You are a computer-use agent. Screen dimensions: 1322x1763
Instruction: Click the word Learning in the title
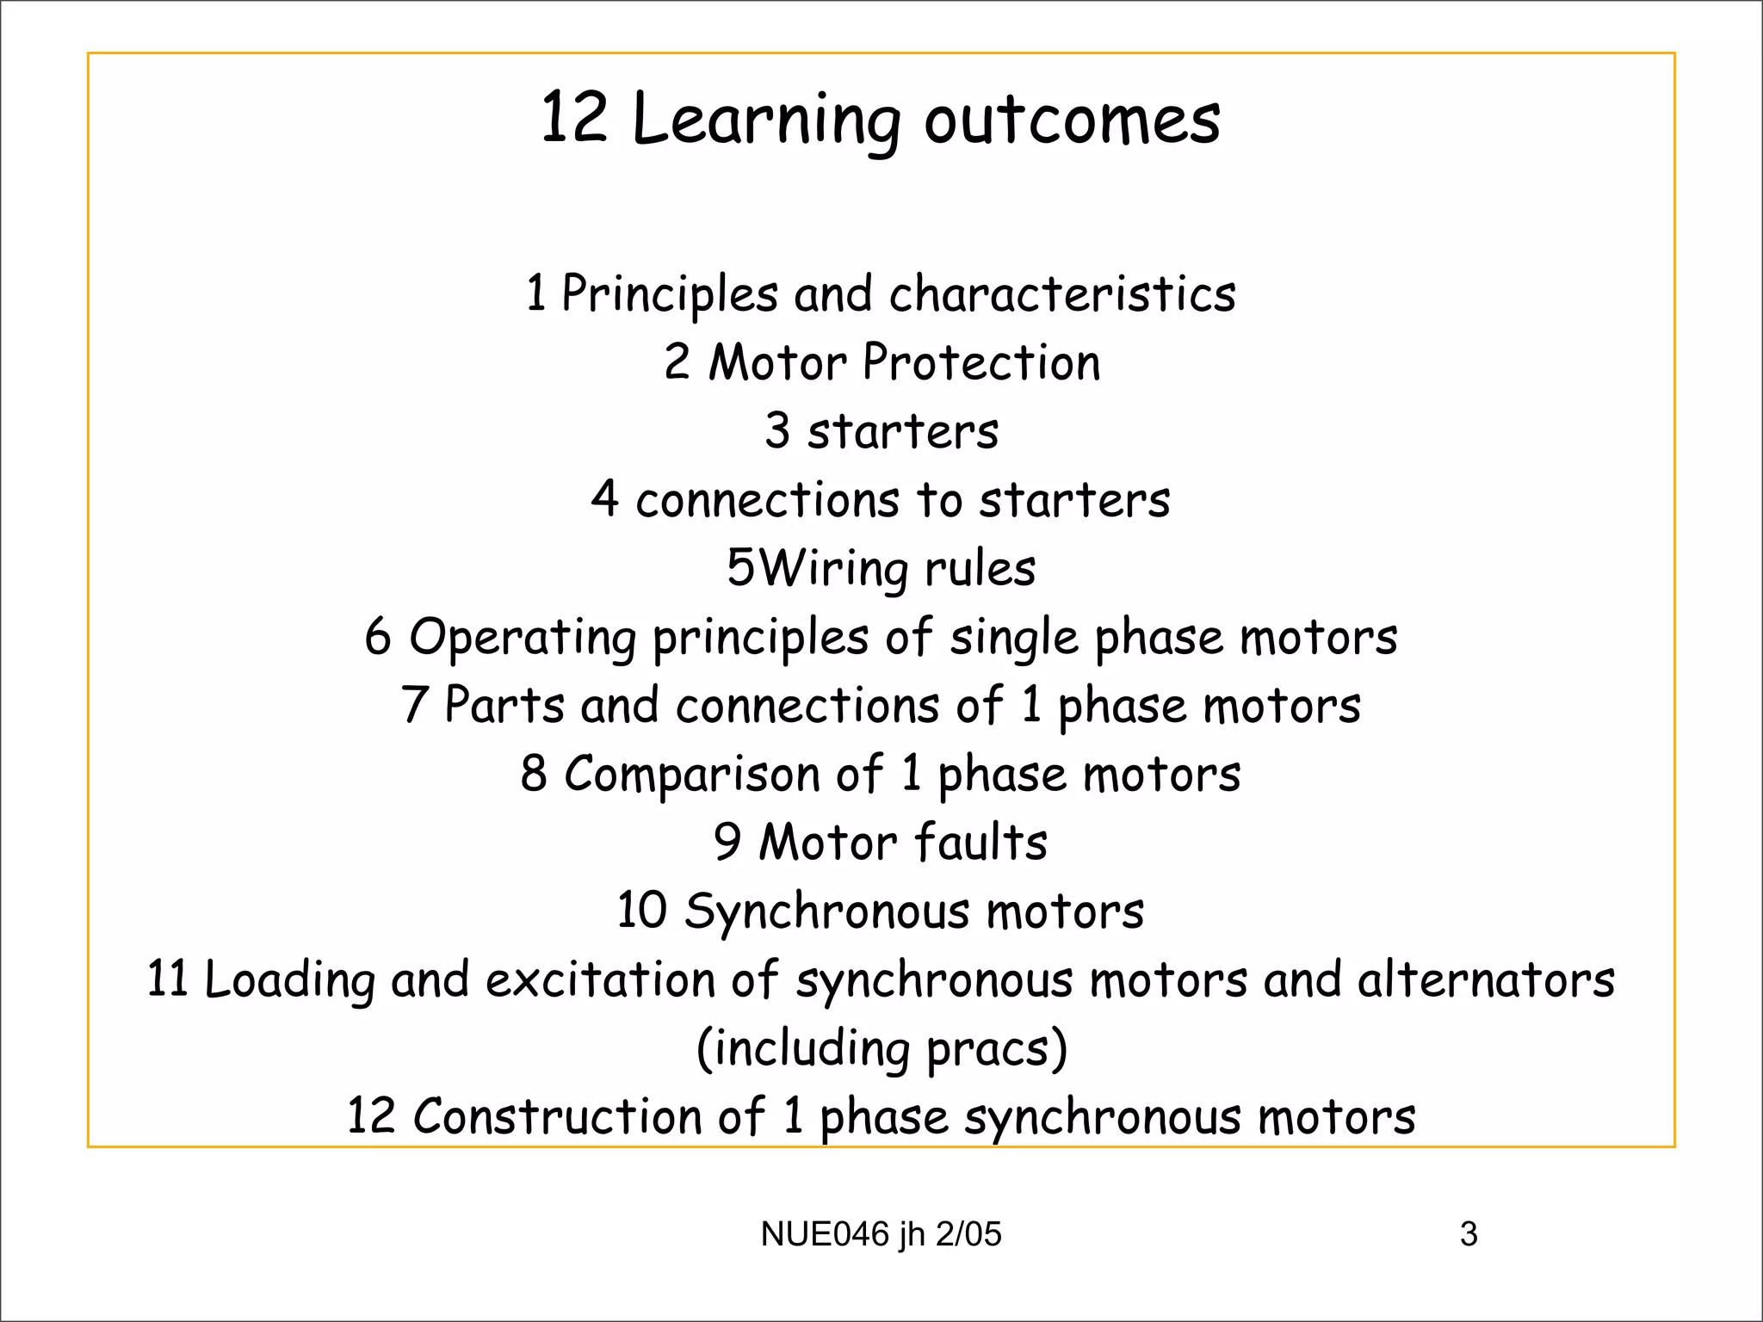click(767, 120)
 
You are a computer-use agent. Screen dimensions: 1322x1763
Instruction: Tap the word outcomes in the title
click(1072, 120)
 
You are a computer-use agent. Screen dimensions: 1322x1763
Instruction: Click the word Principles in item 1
click(670, 294)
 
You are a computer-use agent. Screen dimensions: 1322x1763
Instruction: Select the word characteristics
click(1062, 294)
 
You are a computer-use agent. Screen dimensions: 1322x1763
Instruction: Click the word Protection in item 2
click(981, 362)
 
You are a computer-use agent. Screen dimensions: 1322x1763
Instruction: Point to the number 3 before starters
click(777, 430)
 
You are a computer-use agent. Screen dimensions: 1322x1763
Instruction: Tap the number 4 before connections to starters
click(604, 499)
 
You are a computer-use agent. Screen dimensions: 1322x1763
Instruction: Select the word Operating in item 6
click(523, 638)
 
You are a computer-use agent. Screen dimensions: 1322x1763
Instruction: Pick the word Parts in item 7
click(504, 706)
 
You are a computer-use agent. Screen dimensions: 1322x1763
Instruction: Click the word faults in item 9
click(980, 842)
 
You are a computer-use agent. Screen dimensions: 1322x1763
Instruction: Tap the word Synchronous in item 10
click(826, 911)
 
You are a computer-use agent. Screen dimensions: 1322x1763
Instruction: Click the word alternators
click(1486, 979)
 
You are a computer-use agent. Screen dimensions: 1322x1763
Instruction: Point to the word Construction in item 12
click(557, 1117)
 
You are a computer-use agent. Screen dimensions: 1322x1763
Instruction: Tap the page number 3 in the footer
click(1469, 1234)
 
